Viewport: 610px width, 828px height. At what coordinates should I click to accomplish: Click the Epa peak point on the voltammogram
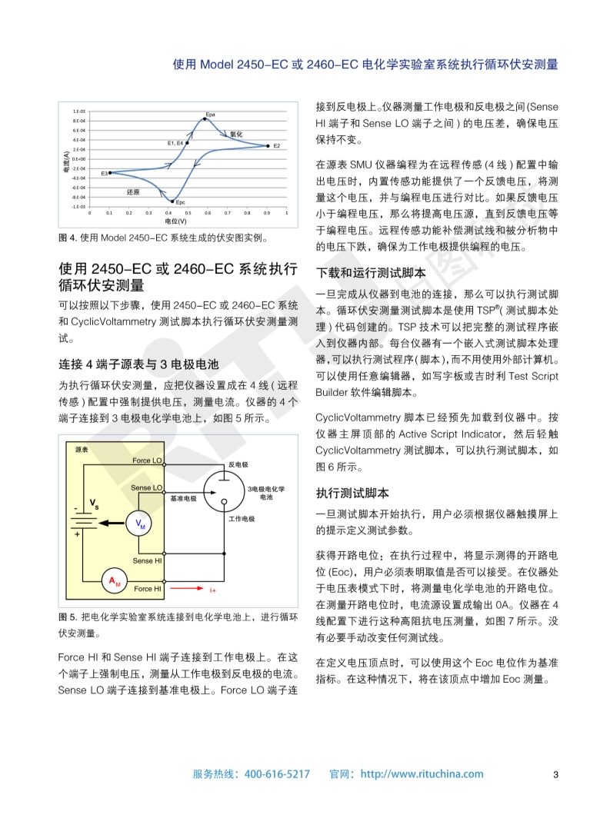pos(205,119)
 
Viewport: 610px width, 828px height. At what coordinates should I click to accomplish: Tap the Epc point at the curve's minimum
pos(172,201)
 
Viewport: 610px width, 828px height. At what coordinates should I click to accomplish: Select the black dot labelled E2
pos(268,145)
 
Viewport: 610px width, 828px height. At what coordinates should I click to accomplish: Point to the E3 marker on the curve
pos(110,173)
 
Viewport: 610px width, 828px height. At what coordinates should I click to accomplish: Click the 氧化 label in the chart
pos(236,135)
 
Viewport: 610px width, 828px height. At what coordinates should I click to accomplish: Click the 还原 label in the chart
pos(133,191)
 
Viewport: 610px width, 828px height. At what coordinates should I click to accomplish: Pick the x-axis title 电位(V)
pos(176,221)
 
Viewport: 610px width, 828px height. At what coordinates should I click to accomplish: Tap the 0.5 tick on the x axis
pos(188,212)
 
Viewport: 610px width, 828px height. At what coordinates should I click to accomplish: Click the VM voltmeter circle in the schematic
pos(139,524)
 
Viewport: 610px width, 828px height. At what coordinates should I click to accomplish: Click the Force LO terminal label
pos(147,461)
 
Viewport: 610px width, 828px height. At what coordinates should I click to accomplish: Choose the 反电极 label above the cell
pos(238,464)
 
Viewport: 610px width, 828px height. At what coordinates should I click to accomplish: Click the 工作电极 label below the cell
pos(242,519)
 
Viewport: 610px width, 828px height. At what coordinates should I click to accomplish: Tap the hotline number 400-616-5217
pos(277,774)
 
